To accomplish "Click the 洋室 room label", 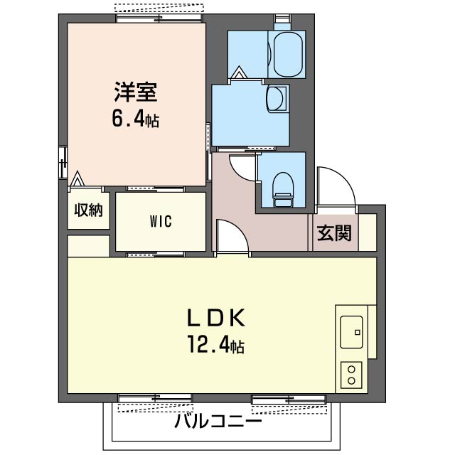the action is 136,92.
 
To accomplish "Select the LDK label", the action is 216,318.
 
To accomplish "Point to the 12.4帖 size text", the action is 216,344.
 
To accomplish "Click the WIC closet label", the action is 161,221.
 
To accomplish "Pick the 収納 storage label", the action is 88,210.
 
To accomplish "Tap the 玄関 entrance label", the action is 334,232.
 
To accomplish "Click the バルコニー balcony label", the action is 218,422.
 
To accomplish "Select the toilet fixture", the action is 283,190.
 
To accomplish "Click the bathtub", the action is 287,54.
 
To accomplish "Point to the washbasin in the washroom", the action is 277,98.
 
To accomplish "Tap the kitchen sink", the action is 351,332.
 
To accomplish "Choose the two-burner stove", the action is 351,375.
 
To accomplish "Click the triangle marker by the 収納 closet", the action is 77,179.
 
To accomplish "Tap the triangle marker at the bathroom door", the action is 240,73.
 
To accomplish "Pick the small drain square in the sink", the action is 358,332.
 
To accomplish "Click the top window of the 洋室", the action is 159,18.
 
